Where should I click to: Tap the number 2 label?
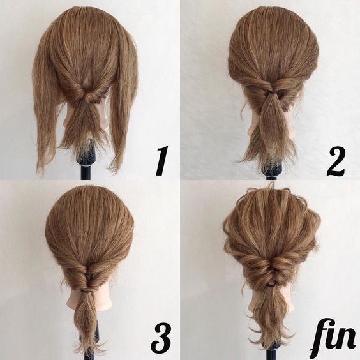point(336,161)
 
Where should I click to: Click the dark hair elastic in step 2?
point(272,93)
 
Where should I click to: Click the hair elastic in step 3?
point(86,291)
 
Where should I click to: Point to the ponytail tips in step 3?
point(88,345)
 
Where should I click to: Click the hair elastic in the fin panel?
point(272,285)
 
